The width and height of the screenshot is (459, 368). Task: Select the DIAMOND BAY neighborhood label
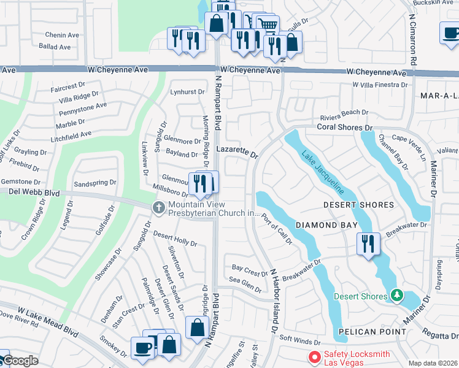point(326,225)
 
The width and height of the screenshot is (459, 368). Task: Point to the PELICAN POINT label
point(376,332)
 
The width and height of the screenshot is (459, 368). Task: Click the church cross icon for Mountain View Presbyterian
point(159,207)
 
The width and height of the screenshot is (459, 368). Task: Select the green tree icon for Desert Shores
point(396,296)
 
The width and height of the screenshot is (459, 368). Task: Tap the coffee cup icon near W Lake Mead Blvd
point(144,347)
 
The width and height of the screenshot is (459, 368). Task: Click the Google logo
point(20,361)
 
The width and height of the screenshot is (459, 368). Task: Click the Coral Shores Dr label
point(345,128)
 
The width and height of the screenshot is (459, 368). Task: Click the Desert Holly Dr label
point(175,239)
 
